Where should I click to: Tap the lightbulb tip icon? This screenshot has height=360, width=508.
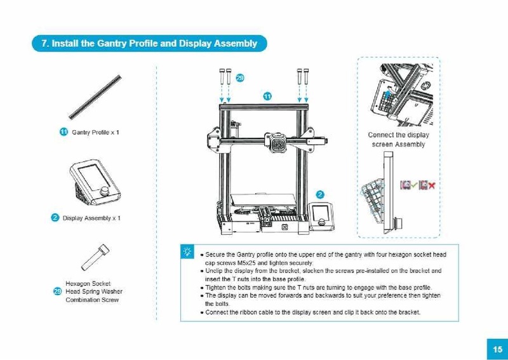pyautogui.click(x=187, y=252)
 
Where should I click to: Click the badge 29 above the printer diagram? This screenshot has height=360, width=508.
pyautogui.click(x=240, y=77)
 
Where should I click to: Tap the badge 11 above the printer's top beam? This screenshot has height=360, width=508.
pyautogui.click(x=267, y=96)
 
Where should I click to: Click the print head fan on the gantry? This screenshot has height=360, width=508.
pyautogui.click(x=279, y=143)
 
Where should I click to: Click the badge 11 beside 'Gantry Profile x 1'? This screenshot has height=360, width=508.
pyautogui.click(x=63, y=132)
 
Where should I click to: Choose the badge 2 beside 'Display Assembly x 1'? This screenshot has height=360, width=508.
pyautogui.click(x=55, y=218)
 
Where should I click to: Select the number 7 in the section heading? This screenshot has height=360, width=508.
pyautogui.click(x=44, y=44)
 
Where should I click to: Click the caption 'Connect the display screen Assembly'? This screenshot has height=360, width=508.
pyautogui.click(x=399, y=139)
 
